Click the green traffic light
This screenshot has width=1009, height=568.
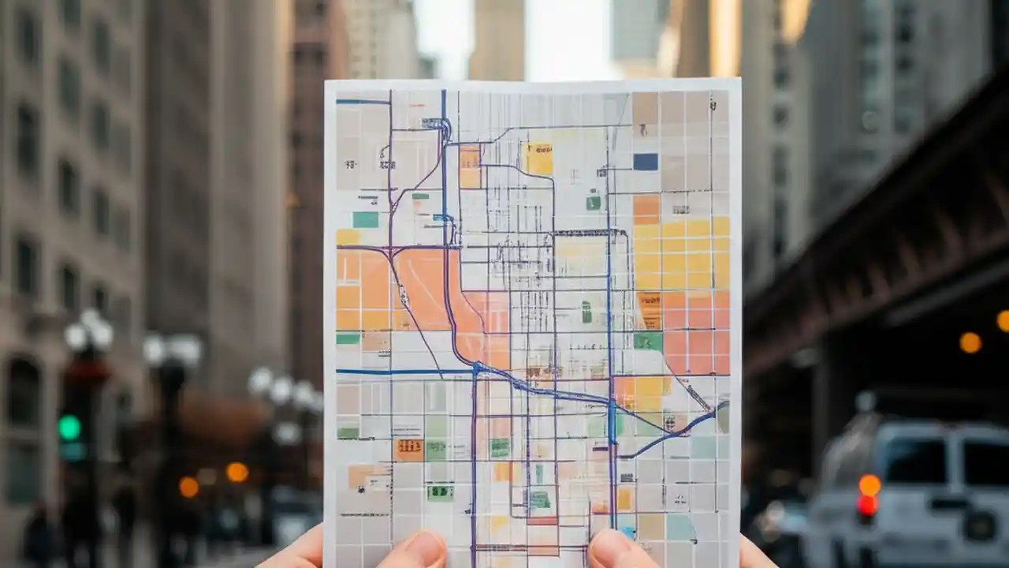tap(69, 428)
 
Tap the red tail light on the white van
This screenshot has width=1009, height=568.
tap(868, 505)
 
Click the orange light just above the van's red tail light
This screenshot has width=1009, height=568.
tap(869, 484)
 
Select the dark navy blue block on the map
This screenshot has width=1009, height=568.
tap(645, 162)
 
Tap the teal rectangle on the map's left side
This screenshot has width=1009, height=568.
tap(365, 219)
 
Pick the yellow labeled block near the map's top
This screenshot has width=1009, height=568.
tap(539, 159)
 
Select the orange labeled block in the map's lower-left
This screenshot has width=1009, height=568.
tap(408, 450)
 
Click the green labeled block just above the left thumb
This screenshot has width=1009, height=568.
tap(440, 492)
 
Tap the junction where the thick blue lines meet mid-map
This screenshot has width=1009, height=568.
tap(476, 368)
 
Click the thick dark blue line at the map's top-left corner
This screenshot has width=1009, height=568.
tap(363, 102)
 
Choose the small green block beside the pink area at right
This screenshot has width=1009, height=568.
tap(648, 341)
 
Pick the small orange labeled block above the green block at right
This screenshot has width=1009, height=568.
tap(650, 309)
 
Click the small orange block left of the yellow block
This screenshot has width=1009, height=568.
tap(470, 166)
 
